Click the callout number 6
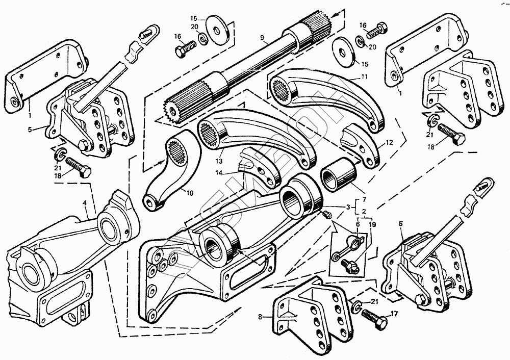358,224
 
